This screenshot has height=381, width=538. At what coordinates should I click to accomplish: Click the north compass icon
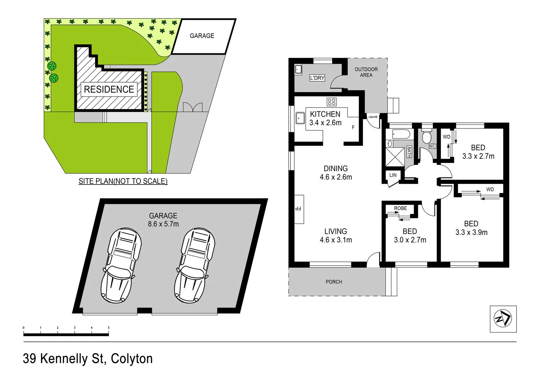point(503,319)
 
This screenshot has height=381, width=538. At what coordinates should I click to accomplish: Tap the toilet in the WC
point(427,135)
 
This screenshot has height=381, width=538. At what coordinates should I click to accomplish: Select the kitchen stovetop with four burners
point(332,102)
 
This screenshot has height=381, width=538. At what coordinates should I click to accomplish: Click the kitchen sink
point(300,117)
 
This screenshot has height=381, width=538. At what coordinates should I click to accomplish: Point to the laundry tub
point(298,69)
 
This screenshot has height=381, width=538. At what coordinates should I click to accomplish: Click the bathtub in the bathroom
point(398,134)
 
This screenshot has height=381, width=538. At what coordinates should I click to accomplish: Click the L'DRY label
point(317,78)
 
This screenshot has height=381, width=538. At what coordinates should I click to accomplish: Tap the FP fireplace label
point(298,209)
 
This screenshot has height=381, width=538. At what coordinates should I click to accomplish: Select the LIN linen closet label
point(393,175)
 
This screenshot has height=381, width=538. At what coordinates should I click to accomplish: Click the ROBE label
point(400,208)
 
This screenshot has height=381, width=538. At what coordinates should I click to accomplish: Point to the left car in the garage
point(120,266)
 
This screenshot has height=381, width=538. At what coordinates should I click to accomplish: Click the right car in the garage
point(194,266)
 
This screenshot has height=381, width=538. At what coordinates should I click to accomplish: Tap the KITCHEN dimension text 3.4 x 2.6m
point(325,123)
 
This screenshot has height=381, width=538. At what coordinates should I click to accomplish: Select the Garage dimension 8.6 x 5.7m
point(163,224)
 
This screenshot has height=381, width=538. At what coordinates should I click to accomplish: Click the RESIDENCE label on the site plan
point(109,89)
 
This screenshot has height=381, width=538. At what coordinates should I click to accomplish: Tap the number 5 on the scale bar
point(108,328)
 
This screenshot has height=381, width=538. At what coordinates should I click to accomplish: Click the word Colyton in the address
point(132,359)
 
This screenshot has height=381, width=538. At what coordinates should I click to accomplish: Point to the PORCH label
point(334,282)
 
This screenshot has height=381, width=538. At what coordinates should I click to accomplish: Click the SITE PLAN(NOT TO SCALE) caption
point(123,181)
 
